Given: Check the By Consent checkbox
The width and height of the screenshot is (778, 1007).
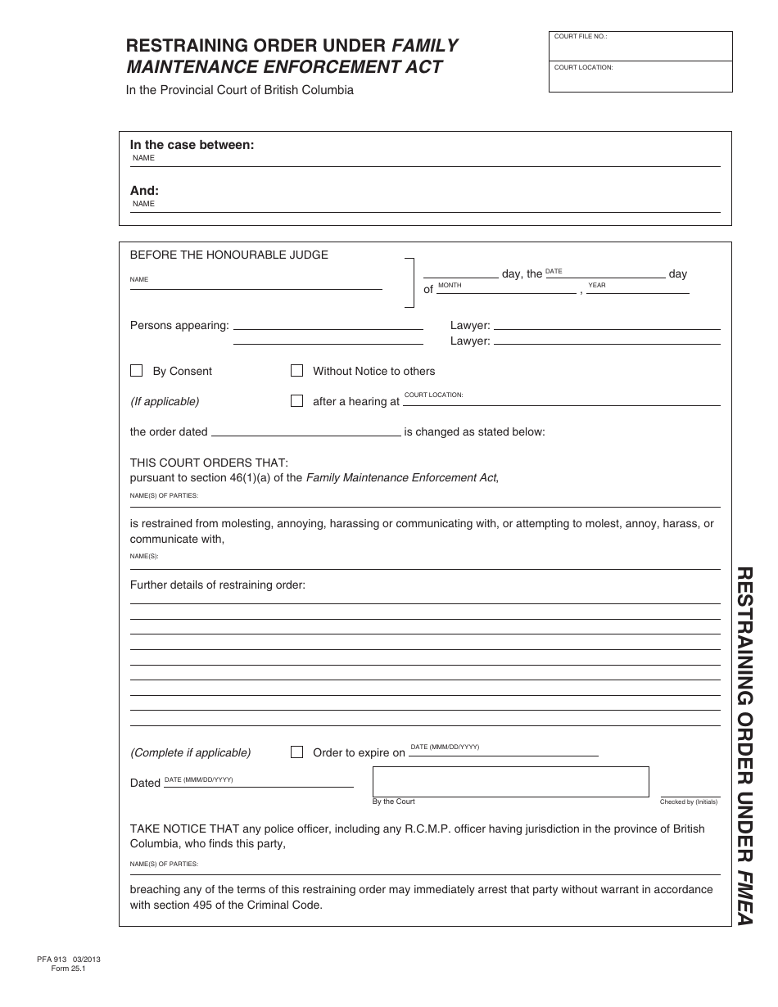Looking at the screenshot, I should (137, 371).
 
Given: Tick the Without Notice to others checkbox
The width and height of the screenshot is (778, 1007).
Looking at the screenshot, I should (296, 371).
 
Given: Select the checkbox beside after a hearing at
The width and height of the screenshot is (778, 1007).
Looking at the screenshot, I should (296, 401).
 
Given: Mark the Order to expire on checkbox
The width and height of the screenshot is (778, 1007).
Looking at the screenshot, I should (296, 752).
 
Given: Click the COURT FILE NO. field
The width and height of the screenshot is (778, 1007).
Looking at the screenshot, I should (640, 47).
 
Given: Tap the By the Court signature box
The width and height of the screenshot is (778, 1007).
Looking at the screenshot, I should (510, 781).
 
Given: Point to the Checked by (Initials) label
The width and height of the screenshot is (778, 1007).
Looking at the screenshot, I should (689, 802).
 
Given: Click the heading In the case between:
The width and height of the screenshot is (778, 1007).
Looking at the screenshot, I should (192, 145).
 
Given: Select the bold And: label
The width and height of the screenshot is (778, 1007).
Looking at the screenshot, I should (145, 191).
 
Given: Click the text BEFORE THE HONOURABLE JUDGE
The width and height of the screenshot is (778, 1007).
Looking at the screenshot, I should (229, 255).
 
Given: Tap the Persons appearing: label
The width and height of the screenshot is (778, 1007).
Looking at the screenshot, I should (179, 326).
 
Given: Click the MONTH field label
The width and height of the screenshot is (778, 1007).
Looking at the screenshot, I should (450, 285).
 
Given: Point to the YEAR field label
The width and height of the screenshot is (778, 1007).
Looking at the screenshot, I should (597, 285).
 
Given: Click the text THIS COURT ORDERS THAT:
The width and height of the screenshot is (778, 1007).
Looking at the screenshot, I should (209, 463).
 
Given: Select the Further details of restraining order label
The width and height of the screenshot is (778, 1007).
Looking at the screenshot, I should (217, 585).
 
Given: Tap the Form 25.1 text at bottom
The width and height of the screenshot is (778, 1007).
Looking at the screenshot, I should (68, 969).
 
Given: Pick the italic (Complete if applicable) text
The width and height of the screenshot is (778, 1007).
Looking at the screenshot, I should (191, 752).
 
